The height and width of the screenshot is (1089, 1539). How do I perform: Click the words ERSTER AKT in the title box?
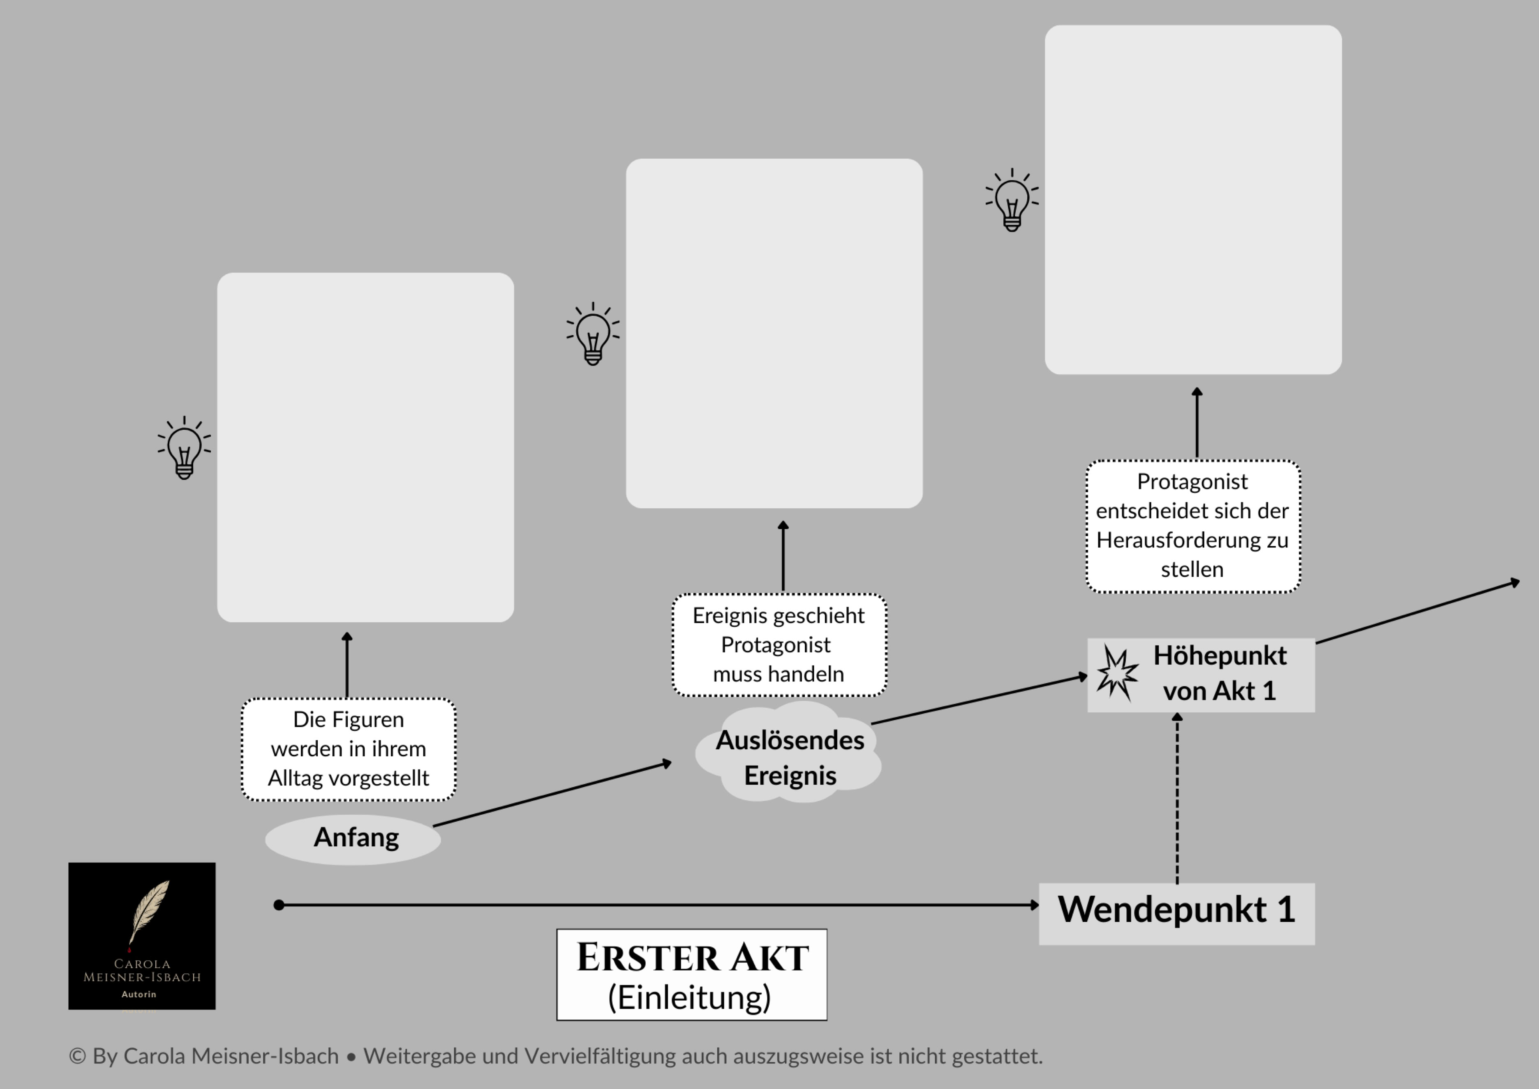(692, 957)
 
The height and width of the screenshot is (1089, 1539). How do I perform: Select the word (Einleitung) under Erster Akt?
(690, 998)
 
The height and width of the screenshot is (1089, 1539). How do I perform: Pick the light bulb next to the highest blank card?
(1012, 201)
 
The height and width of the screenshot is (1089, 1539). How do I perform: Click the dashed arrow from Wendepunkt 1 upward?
(1177, 798)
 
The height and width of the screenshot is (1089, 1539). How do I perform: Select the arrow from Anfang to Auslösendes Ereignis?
(552, 795)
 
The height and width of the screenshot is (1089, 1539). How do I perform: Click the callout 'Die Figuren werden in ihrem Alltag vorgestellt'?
(349, 749)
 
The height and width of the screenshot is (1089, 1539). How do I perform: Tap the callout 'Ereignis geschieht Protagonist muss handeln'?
(779, 644)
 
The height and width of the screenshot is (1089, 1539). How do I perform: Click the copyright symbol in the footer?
(77, 1056)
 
